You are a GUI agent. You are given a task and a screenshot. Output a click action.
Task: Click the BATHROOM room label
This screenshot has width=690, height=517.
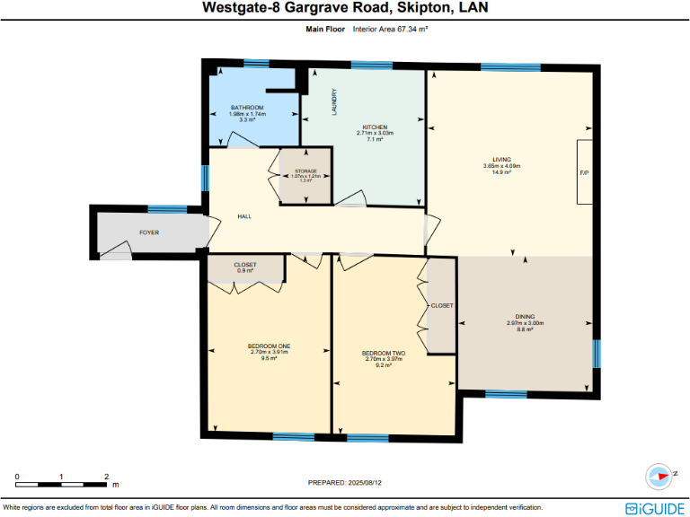coord(246,108)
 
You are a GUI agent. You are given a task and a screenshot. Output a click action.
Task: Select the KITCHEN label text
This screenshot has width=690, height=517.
coord(375,127)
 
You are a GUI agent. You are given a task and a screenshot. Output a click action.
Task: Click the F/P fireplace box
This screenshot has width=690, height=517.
coord(584,171)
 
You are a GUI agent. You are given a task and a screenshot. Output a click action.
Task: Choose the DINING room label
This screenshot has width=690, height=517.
coord(526,317)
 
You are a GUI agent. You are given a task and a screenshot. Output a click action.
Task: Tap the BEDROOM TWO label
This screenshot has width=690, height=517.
coord(384,354)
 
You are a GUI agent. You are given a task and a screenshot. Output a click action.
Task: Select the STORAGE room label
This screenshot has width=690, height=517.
coord(306,170)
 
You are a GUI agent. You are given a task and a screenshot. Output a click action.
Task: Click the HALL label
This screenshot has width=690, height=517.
coord(244,217)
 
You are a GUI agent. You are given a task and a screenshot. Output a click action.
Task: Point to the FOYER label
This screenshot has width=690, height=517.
coord(149,232)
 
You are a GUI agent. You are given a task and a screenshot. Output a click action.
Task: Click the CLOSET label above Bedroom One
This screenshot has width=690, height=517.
coord(245,265)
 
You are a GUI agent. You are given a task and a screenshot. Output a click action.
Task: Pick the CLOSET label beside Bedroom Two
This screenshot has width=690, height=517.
coord(442,306)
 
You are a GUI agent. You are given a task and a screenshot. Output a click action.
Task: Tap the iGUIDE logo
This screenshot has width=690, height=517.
coord(655,508)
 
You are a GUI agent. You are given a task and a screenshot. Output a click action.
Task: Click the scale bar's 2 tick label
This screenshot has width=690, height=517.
coord(106,477)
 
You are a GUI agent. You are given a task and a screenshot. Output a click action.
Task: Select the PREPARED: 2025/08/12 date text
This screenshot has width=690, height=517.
coord(345,483)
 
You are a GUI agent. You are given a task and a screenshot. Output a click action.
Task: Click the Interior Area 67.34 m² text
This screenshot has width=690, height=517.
coord(390,30)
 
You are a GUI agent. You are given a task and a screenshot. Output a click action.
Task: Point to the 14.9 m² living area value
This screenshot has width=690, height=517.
coord(502,172)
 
